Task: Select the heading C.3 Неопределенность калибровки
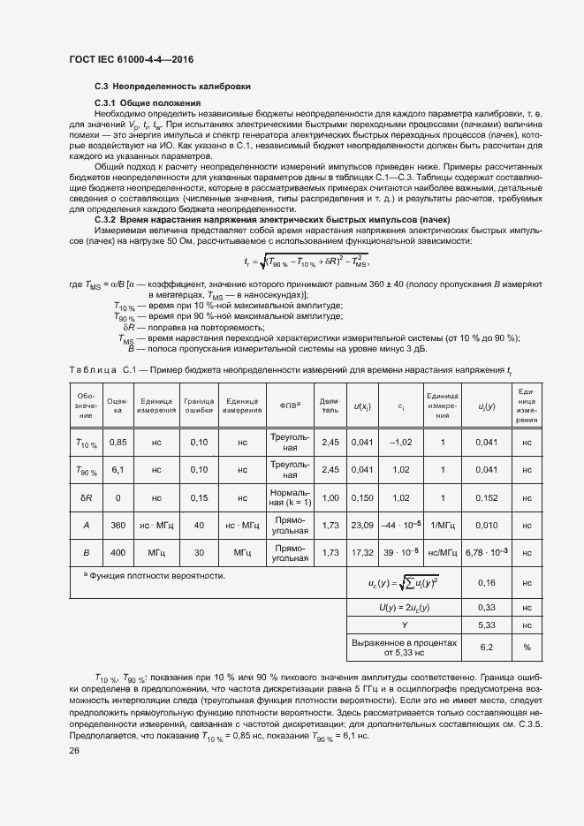tap(172, 87)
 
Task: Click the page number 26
tap(73, 751)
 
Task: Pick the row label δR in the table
tap(87, 497)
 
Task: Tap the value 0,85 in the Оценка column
tap(118, 442)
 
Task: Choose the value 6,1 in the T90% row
tap(118, 470)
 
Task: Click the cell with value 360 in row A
tap(118, 525)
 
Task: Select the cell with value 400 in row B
tap(118, 553)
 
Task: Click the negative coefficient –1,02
tap(401, 442)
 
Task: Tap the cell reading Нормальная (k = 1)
tap(291, 497)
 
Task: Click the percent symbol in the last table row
tap(527, 647)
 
